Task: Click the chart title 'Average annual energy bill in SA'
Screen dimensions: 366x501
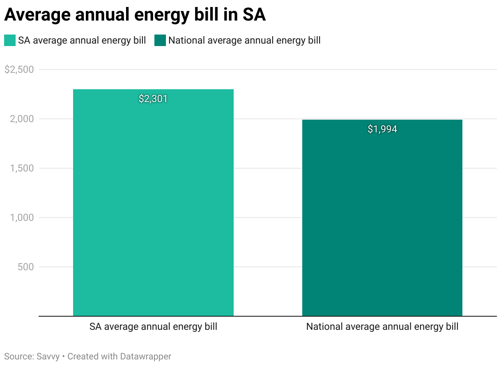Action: [135, 15]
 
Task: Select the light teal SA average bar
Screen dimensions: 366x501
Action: [153, 206]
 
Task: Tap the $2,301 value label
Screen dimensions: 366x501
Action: [153, 99]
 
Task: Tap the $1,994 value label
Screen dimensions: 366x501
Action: [382, 129]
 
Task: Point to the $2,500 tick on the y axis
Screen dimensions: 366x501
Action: [19, 69]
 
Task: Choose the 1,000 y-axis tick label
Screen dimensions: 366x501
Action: [22, 218]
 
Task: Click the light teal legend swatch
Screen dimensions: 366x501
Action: [10, 40]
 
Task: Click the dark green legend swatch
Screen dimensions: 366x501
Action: [160, 40]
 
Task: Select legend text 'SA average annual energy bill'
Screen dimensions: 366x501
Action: [82, 40]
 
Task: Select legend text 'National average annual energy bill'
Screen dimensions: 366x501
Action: [244, 40]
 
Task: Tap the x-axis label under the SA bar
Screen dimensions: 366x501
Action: [153, 327]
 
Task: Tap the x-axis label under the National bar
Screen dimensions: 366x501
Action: [382, 327]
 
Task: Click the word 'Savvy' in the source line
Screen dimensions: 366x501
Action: [46, 356]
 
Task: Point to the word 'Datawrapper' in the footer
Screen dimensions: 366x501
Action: [145, 356]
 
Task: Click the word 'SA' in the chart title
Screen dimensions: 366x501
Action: [253, 15]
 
